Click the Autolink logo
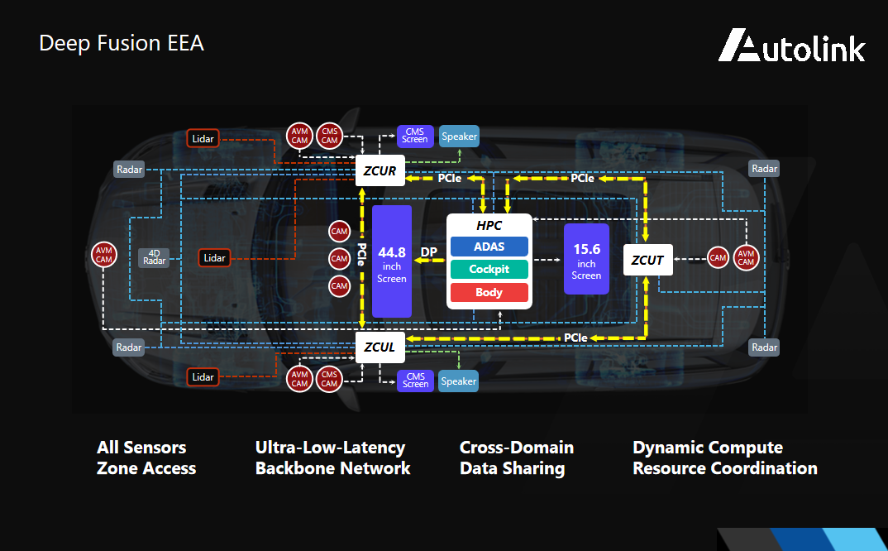click(x=791, y=46)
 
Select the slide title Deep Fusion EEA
click(x=122, y=43)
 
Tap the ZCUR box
click(x=380, y=172)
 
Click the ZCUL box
click(x=380, y=347)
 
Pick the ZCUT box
click(x=647, y=260)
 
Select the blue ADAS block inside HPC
click(x=489, y=247)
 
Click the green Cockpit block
click(x=489, y=269)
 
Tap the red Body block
click(x=489, y=292)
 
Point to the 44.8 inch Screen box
click(x=392, y=261)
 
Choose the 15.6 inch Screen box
click(x=586, y=259)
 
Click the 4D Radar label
click(x=155, y=257)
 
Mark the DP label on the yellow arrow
click(x=429, y=252)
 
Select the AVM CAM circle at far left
click(x=103, y=256)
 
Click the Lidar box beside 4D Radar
click(x=214, y=258)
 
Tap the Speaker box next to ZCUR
click(x=459, y=137)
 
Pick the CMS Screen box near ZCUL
click(x=415, y=381)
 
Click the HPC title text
click(x=489, y=226)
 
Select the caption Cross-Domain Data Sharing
click(x=516, y=458)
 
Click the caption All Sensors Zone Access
click(x=146, y=458)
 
